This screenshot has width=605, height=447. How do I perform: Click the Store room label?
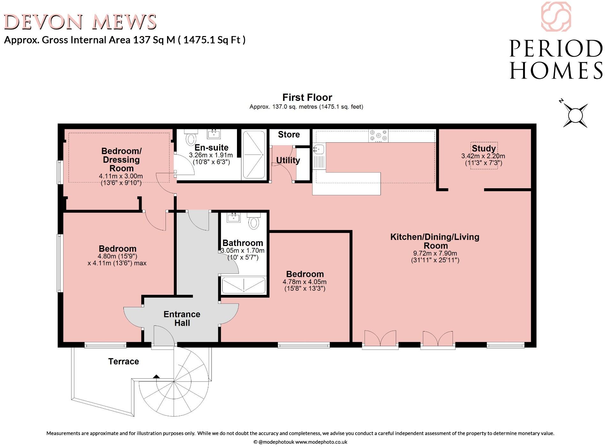(x=289, y=135)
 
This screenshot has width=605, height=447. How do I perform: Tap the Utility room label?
(x=288, y=160)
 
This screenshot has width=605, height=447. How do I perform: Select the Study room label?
(x=484, y=148)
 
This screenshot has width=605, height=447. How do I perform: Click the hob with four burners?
(x=378, y=135)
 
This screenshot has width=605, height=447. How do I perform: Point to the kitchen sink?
(x=319, y=149)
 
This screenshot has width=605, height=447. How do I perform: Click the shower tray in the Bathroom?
(x=244, y=285)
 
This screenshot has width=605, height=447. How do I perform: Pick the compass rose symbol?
(x=575, y=115)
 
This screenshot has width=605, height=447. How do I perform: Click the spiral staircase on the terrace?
(x=175, y=383)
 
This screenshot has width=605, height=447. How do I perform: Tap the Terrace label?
(x=123, y=361)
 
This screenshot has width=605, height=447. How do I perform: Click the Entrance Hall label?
(x=182, y=318)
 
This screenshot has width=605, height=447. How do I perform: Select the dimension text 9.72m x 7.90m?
(x=435, y=253)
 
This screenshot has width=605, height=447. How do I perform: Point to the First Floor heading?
(x=307, y=97)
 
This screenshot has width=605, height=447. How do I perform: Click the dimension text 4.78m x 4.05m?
(x=305, y=282)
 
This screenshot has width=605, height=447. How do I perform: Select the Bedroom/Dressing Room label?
(x=121, y=160)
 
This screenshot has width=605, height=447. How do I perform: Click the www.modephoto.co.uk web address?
(x=321, y=442)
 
